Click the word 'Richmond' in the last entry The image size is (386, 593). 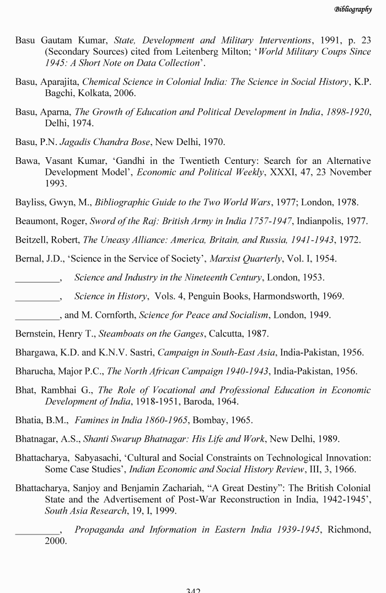(350, 530)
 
